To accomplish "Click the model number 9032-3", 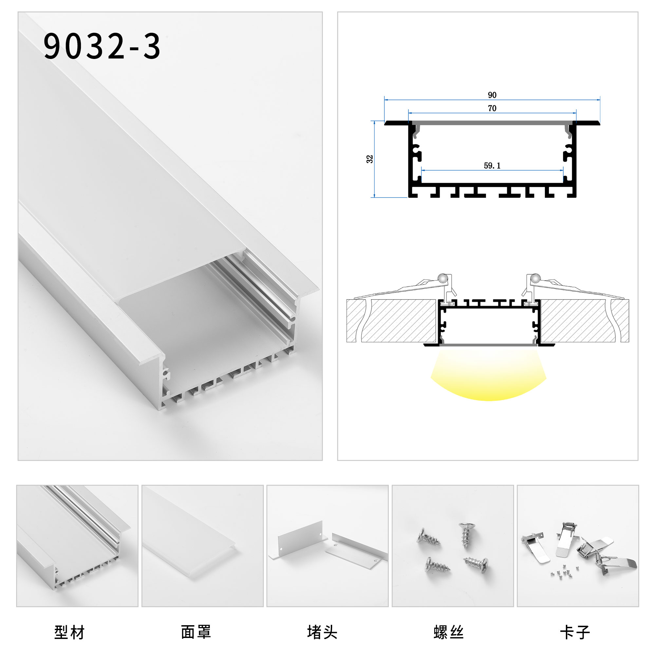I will click(x=102, y=47).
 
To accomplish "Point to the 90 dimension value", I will click(x=492, y=95).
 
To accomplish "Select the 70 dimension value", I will click(x=492, y=108).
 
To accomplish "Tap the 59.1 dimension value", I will click(x=492, y=166).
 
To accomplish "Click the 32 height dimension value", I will click(x=369, y=159).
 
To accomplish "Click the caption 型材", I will click(x=69, y=633).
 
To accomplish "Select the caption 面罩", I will click(x=196, y=633).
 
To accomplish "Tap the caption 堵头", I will click(x=322, y=633).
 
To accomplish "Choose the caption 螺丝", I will click(x=449, y=633).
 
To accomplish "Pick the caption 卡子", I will click(x=575, y=633).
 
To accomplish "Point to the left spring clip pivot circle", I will click(x=442, y=279).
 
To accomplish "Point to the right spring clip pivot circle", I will click(x=535, y=279).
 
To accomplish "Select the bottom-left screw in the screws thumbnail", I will click(x=437, y=566).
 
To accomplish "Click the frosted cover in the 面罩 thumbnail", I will click(x=190, y=539).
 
